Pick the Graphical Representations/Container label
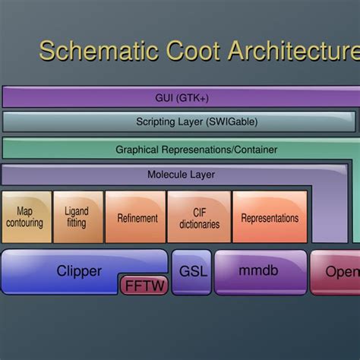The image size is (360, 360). [x=196, y=150]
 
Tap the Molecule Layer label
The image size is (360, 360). [x=181, y=175]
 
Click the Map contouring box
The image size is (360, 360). [x=25, y=217]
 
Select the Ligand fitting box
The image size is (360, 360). [x=77, y=217]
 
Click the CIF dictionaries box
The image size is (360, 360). [x=199, y=218]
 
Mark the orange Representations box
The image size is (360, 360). [x=270, y=218]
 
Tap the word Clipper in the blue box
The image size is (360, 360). [x=79, y=270]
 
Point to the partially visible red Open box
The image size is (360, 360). [x=338, y=271]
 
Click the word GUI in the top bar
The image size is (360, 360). [x=164, y=98]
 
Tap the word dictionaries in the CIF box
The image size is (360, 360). [x=199, y=224]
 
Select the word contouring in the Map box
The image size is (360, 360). [x=25, y=223]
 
